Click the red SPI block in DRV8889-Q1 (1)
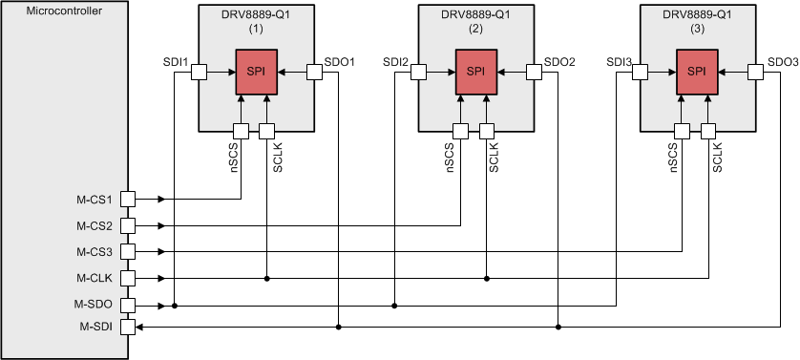[x=256, y=72]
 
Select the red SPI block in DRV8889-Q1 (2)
[x=476, y=72]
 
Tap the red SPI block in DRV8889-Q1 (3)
[x=697, y=72]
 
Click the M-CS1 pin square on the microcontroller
[x=128, y=200]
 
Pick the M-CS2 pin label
[x=95, y=225]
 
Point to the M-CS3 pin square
[x=128, y=252]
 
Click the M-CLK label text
[x=95, y=278]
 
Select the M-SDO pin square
[x=128, y=306]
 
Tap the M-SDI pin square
[x=128, y=327]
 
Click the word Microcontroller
[x=64, y=11]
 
